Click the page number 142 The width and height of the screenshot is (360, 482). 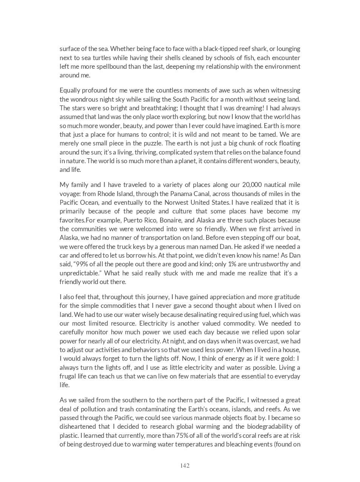click(185, 465)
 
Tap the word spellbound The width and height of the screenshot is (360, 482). click(113, 66)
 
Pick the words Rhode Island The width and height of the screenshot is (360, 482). click(114, 194)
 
